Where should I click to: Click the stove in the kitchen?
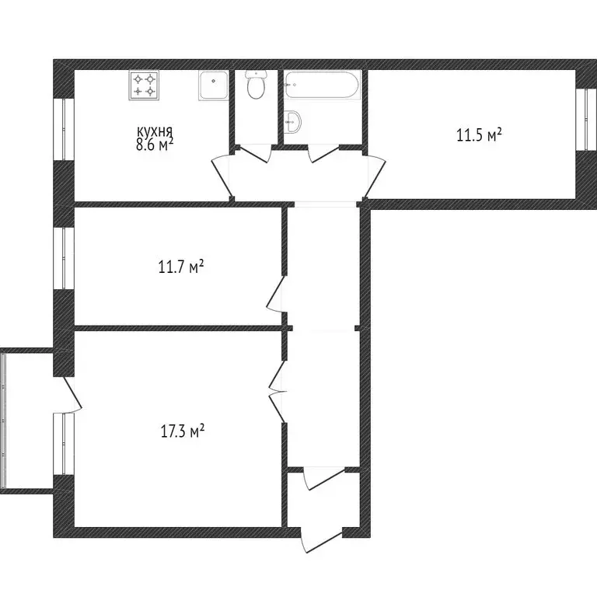(144, 85)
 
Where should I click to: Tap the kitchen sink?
(213, 85)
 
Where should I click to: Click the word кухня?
(154, 132)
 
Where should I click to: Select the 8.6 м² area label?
(154, 145)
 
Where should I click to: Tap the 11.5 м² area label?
(478, 135)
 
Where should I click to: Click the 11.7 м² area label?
(180, 268)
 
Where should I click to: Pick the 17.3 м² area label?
(182, 431)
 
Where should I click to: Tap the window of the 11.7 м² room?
(64, 257)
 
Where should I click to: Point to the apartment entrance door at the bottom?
(323, 540)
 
